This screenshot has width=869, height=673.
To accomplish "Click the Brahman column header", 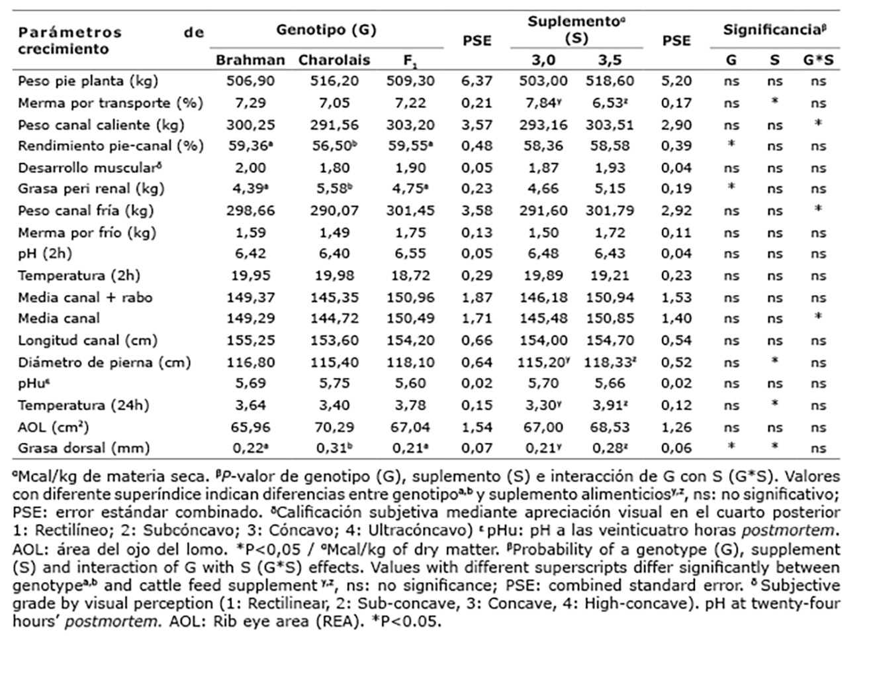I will click(x=250, y=60).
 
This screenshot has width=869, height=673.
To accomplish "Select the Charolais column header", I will click(x=334, y=60).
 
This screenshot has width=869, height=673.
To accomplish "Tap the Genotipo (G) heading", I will click(x=326, y=30).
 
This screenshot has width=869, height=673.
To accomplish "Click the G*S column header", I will click(x=818, y=60).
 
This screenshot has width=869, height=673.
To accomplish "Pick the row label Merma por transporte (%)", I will click(x=111, y=103).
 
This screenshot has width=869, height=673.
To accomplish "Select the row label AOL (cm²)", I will click(x=54, y=427).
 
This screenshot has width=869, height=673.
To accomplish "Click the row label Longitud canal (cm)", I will click(x=87, y=340).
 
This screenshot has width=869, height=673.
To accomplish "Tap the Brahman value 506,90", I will click(x=250, y=81).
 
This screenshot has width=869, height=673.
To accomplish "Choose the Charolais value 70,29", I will click(x=334, y=427).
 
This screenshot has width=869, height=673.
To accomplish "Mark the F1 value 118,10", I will click(x=410, y=362).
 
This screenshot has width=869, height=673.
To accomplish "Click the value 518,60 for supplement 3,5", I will click(x=610, y=81).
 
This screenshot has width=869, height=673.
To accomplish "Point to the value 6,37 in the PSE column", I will click(x=477, y=81).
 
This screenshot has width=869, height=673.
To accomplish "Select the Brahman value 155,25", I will click(x=250, y=340).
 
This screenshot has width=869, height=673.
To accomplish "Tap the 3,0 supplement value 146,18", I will click(x=543, y=297).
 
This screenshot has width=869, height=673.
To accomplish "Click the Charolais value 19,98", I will click(x=334, y=276).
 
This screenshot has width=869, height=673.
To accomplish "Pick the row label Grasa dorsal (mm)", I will click(x=84, y=448).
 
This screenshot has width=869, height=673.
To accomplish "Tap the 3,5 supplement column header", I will click(x=610, y=60).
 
